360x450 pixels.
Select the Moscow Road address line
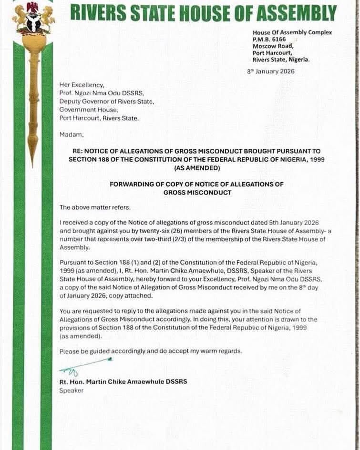273,46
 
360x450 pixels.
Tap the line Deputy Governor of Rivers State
106,102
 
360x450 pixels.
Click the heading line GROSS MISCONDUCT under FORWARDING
197,193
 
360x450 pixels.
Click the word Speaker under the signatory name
71,390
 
